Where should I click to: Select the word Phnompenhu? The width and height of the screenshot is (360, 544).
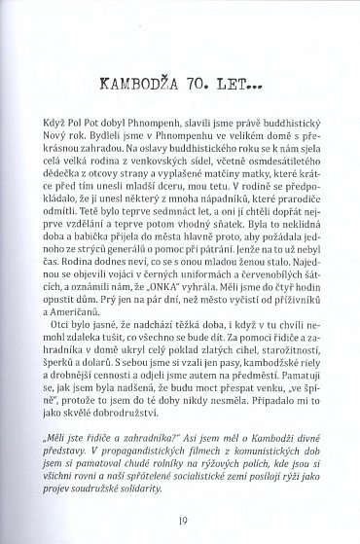pyautogui.click(x=176, y=145)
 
